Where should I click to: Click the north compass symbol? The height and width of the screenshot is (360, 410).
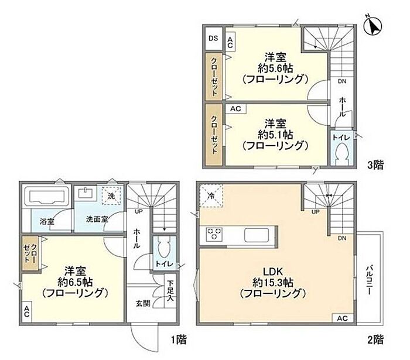click(373, 26)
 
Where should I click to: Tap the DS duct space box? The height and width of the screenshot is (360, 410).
click(213, 39)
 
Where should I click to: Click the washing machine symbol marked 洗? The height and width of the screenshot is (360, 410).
click(112, 196)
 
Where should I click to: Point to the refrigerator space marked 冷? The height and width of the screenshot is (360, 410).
click(211, 196)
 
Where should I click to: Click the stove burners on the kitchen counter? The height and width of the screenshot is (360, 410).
click(214, 234)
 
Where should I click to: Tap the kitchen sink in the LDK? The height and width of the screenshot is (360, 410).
click(257, 235)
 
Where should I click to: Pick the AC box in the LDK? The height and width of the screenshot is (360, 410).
click(342, 318)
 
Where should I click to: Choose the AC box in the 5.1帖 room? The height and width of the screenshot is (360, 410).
click(235, 109)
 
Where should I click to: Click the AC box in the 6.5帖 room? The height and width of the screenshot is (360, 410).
click(26, 311)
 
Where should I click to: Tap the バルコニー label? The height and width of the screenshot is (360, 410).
click(369, 280)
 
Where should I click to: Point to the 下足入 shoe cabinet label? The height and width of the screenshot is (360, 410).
click(170, 290)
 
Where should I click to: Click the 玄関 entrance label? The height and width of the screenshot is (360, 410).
click(143, 303)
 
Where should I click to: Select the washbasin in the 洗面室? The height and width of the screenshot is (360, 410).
click(86, 193)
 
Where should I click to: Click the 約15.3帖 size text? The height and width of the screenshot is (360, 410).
click(273, 282)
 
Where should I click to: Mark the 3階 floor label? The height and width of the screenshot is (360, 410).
click(376, 165)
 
